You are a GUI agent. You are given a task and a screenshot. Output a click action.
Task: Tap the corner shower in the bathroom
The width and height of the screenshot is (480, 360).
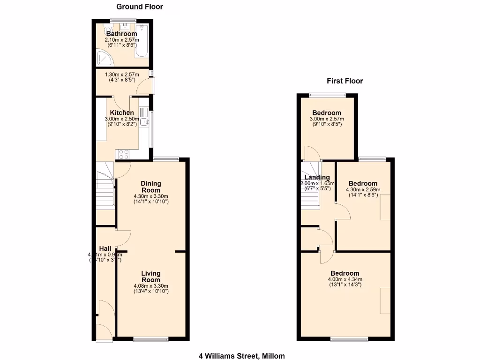[102, 58]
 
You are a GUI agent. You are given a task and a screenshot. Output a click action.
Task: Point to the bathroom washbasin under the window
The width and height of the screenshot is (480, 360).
[125, 26]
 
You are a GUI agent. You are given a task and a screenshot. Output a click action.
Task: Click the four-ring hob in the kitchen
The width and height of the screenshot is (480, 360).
[124, 153]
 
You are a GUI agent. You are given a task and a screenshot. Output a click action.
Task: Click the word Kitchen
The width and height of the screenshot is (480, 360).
[122, 112]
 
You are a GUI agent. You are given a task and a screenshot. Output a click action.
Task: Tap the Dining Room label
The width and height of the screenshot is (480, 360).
[151, 187]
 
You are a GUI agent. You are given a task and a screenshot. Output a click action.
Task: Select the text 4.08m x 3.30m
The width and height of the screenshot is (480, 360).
[151, 285]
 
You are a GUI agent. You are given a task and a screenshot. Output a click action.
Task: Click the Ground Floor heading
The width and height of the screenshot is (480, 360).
[140, 7]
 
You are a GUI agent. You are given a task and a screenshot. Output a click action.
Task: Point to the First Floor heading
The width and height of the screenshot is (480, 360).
[345, 81]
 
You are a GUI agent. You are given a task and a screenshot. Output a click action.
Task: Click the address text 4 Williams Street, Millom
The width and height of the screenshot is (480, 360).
[241, 356]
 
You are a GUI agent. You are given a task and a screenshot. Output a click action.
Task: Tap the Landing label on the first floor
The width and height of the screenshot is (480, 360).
[317, 177]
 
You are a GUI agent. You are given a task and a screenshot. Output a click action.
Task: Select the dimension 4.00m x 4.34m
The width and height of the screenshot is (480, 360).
[345, 280]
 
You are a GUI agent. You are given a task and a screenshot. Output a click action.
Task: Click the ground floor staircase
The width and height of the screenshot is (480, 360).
[105, 192]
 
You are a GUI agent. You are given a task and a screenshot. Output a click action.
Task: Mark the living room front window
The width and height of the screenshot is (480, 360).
[150, 338]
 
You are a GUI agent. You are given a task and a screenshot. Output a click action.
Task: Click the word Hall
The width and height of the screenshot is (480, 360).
[105, 248]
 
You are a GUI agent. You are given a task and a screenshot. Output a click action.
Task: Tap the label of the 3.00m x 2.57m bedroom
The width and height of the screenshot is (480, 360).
[327, 113]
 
